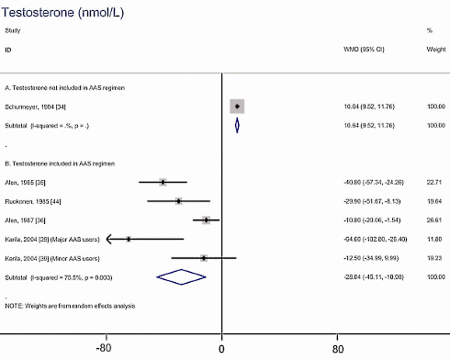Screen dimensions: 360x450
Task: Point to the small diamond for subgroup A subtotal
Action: (x=237, y=125)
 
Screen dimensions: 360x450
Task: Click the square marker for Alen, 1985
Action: (x=163, y=182)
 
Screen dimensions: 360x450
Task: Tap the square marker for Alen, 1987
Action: (x=207, y=220)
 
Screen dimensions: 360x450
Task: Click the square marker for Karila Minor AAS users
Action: (x=204, y=258)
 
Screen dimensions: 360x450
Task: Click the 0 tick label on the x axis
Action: (x=221, y=349)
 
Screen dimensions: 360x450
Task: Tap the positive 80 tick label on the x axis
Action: (x=338, y=349)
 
